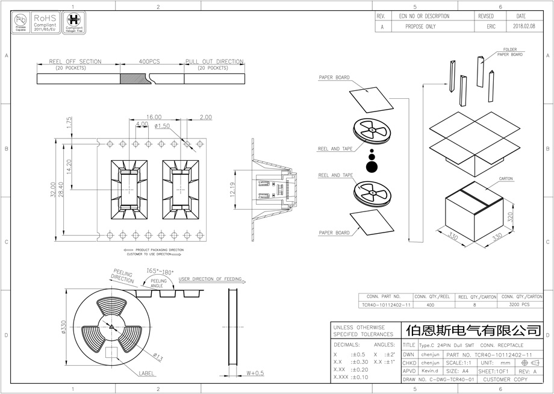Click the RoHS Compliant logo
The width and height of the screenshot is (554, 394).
[46, 22]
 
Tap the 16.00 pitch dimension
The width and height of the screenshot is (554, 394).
[153, 117]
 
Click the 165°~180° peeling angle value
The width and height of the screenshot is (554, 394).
[160, 272]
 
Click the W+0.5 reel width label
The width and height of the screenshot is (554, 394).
[255, 373]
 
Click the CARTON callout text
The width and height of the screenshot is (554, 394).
[505, 179]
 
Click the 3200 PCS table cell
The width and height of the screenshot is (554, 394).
[519, 305]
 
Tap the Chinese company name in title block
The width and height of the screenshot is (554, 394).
[473, 331]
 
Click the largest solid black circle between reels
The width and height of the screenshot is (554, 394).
[372, 166]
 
